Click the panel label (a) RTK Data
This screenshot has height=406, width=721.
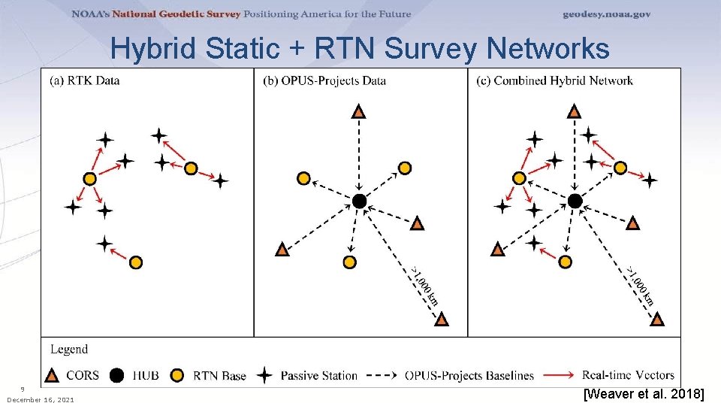pos(85,80)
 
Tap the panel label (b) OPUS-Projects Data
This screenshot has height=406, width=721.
pos(324,80)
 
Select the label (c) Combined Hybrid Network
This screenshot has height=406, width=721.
pos(554,80)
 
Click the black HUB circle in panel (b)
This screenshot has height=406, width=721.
pos(360,201)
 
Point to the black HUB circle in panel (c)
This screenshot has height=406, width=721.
pos(575,201)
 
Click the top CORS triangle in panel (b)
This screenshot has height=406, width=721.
pos(360,112)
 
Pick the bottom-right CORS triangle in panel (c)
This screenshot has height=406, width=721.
pos(656,319)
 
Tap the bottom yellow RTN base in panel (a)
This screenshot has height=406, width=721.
pos(135,262)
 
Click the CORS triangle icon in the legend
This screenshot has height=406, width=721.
pos(53,374)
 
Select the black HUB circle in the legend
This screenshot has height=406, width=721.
pos(116,374)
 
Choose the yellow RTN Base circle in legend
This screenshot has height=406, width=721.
pos(178,374)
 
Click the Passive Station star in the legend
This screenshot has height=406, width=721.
pos(264,374)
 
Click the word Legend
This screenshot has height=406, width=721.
pos(69,349)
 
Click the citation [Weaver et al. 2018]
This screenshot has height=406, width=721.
pos(644,393)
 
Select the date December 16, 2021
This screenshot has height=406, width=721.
pos(41,399)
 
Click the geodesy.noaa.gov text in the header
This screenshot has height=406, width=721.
pos(607,14)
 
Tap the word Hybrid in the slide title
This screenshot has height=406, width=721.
pos(156,49)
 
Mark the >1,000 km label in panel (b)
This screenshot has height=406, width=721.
pos(425,286)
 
